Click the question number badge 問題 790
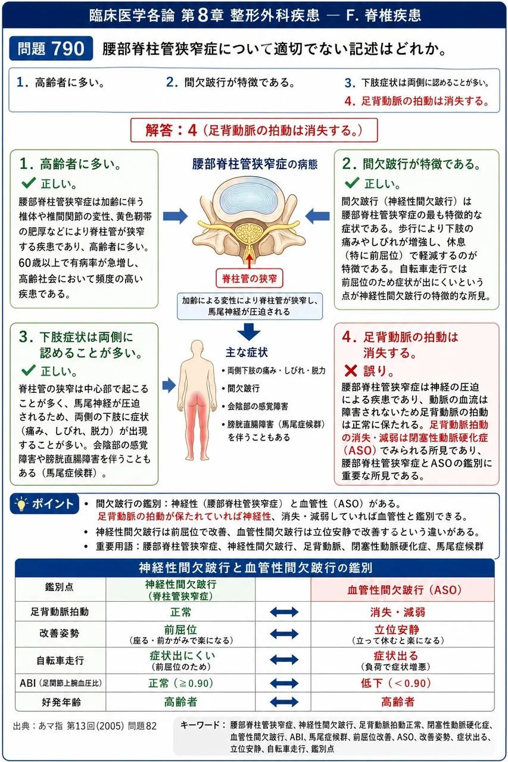[51, 48]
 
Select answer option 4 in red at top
[417, 101]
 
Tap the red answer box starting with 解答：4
[254, 130]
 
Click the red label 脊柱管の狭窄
[249, 279]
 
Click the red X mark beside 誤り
[351, 370]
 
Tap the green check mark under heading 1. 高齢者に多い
[29, 183]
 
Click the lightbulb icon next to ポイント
[21, 504]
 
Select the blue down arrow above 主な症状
[249, 332]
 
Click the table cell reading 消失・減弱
[398, 612]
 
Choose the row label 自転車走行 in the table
[60, 660]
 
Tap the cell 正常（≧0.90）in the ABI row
[180, 683]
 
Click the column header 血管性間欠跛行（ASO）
[404, 589]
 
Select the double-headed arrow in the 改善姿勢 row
[284, 634]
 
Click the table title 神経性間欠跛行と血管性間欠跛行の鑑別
[255, 567]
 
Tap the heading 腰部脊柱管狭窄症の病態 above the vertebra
[255, 164]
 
